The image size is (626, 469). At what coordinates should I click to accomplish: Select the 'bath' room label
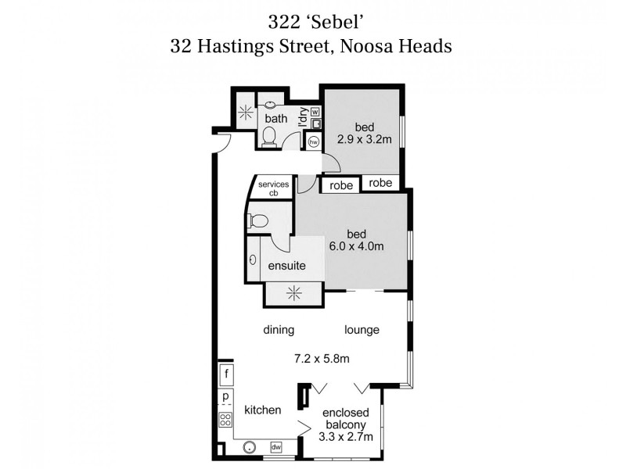[x=275, y=119]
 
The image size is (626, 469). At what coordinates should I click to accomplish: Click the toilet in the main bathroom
[x=269, y=137]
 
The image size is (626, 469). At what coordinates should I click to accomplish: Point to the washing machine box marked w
[x=315, y=111]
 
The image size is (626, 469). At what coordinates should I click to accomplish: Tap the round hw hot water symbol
[x=314, y=142]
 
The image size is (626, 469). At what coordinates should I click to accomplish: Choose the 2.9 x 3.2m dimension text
[x=363, y=141]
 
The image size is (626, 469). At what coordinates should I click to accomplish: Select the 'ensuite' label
[x=286, y=266]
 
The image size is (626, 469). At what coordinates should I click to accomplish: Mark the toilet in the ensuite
[x=257, y=220]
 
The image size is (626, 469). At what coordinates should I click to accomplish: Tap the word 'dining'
[x=279, y=330]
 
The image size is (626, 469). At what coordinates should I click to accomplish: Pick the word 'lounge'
[x=362, y=330]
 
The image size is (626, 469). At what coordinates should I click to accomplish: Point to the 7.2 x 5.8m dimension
[x=322, y=359]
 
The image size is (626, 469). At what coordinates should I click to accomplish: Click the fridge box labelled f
[x=225, y=374]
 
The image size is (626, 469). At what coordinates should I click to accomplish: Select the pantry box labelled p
[x=225, y=396]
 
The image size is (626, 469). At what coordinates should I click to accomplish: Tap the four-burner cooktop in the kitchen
[x=225, y=418]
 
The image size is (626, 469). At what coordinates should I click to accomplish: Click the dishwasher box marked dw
[x=275, y=447]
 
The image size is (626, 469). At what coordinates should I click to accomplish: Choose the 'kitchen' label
[x=262, y=410]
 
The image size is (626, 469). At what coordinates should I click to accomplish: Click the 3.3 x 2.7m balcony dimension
[x=345, y=437]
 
